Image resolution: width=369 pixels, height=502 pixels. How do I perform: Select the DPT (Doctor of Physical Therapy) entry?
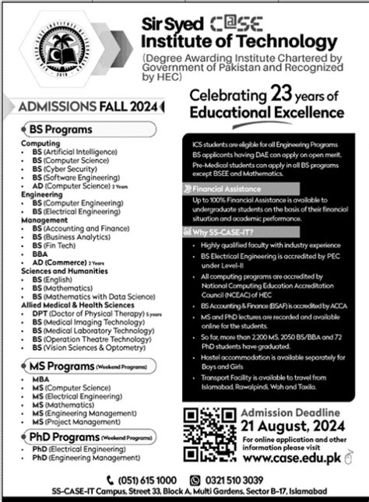click(86, 314)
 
